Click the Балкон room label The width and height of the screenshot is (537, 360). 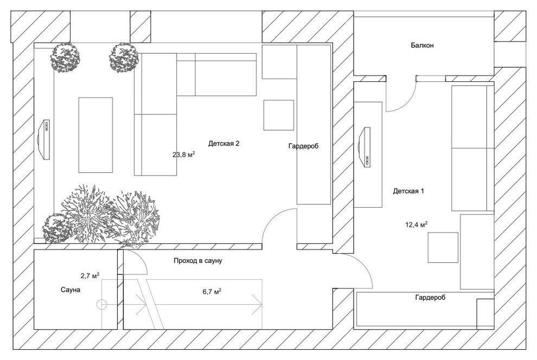(422, 45)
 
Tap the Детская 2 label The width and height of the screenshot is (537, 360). (223, 143)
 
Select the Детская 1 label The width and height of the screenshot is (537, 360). (408, 191)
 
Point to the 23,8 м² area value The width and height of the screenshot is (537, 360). (184, 155)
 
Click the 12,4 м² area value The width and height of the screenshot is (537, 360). (417, 224)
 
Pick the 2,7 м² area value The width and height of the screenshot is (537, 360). (90, 275)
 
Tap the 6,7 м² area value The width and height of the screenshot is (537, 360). (212, 292)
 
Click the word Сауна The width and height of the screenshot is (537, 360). (71, 290)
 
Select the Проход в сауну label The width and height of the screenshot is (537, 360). (198, 261)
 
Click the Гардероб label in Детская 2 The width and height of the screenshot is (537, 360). (303, 146)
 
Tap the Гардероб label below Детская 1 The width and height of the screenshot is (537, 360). (431, 297)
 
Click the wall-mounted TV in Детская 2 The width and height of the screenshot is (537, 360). (43, 140)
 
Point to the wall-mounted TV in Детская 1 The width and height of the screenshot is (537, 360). (365, 147)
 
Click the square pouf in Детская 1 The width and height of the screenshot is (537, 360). (443, 247)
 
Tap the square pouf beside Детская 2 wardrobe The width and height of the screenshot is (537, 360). (279, 115)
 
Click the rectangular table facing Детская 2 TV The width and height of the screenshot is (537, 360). (95, 135)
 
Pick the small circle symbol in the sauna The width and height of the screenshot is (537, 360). (102, 304)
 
